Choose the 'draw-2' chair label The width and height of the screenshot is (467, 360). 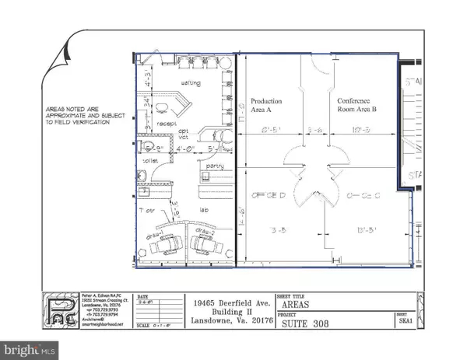[x=205, y=231]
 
